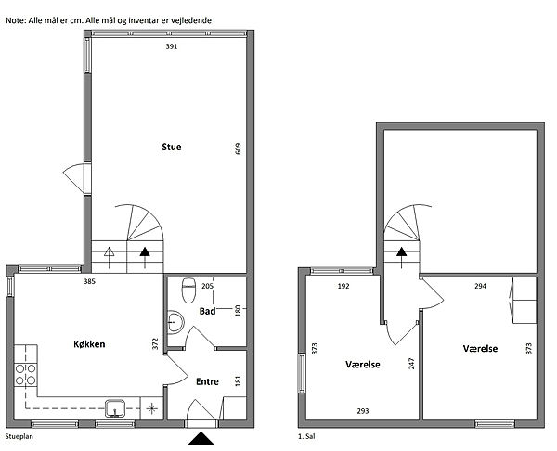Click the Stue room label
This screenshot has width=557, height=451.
coord(172,147)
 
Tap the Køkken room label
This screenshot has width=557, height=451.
coord(89,344)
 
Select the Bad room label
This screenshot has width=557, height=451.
coord(207,312)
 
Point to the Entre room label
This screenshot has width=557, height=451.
coord(207,381)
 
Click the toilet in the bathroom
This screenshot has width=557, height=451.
coord(188,290)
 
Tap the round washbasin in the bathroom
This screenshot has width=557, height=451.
coord(175,322)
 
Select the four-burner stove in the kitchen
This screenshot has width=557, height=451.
coord(26,375)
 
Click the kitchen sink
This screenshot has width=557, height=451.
coord(115,408)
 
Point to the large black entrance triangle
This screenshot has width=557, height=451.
coord(201,439)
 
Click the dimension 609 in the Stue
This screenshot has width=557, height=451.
coord(238,148)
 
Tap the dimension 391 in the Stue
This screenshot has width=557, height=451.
coord(172,46)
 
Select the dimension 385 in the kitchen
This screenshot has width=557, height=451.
coord(89,282)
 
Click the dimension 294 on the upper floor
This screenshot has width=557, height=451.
coord(480,286)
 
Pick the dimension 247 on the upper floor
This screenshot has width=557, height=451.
coord(411,364)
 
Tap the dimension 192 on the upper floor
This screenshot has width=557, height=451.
coord(343,286)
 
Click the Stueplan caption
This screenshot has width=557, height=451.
coord(19,436)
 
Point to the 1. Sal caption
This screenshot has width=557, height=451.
coord(306,436)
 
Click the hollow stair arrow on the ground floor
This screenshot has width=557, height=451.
coord(109,257)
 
